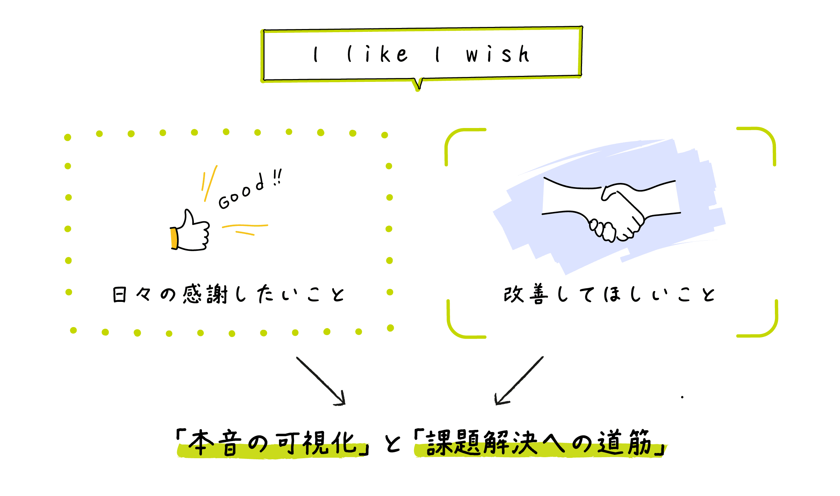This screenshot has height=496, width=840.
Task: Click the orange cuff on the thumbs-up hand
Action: point(174,238)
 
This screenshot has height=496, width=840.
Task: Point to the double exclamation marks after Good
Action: point(278,177)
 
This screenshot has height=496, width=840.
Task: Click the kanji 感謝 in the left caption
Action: point(205,294)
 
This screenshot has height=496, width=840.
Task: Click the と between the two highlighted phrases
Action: point(392,444)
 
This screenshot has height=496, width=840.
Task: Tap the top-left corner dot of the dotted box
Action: point(68,137)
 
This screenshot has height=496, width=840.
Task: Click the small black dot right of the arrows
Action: point(682,397)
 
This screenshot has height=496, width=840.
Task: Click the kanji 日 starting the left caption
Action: point(119,295)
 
